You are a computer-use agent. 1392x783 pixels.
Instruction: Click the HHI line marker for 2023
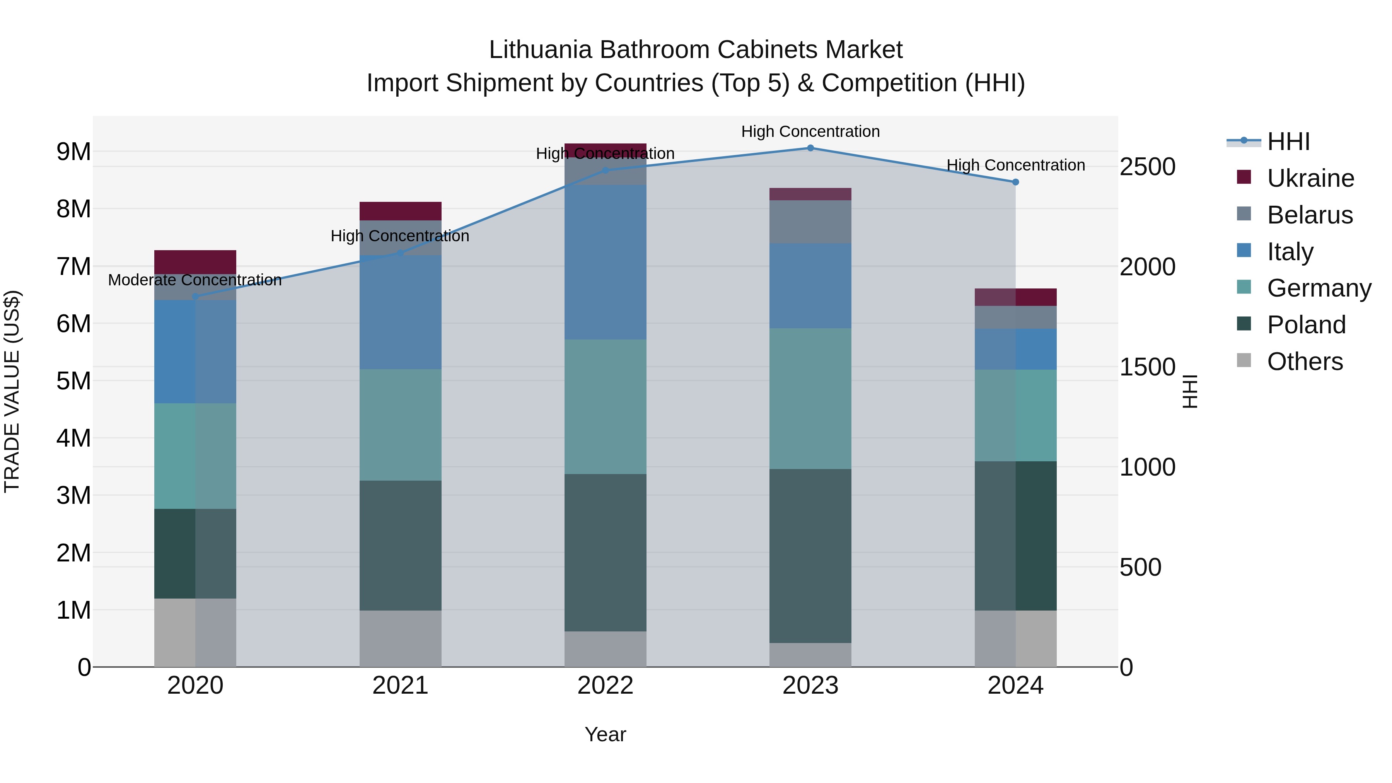[x=810, y=148]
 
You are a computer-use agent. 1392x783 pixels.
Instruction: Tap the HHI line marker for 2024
[x=1015, y=182]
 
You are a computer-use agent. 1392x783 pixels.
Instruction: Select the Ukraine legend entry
[x=1310, y=178]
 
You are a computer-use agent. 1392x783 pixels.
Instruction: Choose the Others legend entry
[x=1305, y=362]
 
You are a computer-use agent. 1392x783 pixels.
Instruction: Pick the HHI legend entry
[x=1288, y=142]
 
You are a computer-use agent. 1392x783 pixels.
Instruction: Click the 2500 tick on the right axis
[x=1147, y=167]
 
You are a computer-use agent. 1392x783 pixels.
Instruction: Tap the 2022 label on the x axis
[x=605, y=686]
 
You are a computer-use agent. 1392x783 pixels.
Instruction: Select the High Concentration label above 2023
[x=810, y=131]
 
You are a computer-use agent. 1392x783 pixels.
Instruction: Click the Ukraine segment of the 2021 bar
[x=401, y=211]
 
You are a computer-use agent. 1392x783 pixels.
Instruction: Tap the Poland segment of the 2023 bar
[x=810, y=556]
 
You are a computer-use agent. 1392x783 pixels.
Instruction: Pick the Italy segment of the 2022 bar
[x=605, y=262]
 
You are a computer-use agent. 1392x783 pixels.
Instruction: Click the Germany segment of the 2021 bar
[x=401, y=425]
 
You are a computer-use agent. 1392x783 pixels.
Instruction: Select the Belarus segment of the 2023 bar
[x=810, y=222]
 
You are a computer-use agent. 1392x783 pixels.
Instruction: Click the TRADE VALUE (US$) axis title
[x=12, y=391]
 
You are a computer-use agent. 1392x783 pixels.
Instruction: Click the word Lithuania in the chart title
[x=541, y=50]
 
